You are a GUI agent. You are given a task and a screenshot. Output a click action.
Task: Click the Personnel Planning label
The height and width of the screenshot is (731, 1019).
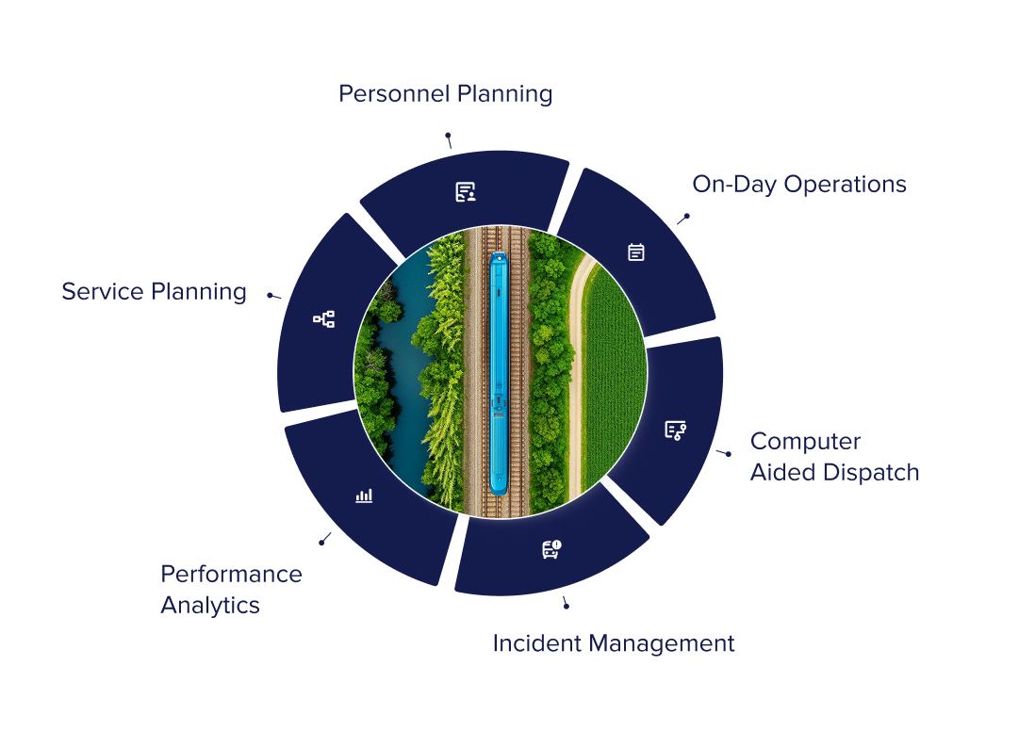445,94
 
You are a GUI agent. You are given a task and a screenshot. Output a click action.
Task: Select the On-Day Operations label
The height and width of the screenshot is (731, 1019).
799,185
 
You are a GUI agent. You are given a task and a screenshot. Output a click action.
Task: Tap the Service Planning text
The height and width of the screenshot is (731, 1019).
155,292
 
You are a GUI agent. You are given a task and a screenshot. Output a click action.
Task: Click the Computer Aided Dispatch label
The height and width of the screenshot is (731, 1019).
834,457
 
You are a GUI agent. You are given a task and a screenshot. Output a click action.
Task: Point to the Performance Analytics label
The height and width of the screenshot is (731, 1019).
231,589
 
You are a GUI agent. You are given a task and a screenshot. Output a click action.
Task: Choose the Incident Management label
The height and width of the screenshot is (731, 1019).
614,644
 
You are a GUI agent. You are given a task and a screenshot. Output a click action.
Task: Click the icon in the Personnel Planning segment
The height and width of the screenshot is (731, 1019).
466,192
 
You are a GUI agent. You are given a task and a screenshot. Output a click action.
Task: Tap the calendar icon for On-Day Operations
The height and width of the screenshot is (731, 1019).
636,252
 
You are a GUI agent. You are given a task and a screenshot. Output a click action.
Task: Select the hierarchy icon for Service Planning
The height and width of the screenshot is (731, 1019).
323,319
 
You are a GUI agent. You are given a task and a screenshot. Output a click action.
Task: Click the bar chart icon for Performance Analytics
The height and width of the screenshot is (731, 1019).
364,495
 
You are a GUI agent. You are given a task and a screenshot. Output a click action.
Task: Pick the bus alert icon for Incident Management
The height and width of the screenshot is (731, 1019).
551,549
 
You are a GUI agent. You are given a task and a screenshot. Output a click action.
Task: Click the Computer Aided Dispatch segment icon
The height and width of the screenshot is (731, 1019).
675,430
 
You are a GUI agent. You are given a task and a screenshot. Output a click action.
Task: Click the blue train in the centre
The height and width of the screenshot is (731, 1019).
498,372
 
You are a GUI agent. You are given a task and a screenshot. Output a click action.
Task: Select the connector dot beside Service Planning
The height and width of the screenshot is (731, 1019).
270,295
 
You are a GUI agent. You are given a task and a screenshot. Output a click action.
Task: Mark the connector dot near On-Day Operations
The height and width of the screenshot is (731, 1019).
687,216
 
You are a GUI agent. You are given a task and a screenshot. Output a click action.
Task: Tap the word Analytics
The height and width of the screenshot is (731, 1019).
210,605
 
